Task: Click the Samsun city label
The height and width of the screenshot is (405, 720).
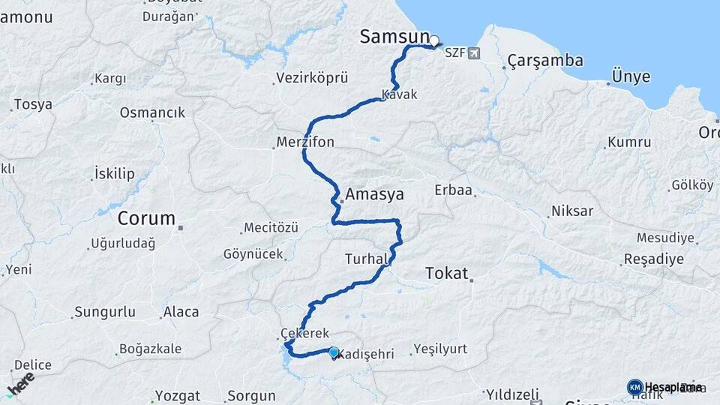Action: coord(394,36)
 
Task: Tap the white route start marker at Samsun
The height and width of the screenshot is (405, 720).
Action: coord(434,40)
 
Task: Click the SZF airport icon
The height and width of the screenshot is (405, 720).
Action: coord(473,53)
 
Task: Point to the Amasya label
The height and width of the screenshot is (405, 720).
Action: coord(374,194)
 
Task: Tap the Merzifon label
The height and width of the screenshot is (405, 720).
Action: coord(304,142)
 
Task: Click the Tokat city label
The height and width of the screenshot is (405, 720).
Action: coord(446,273)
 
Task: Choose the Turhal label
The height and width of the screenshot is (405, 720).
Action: coord(365,259)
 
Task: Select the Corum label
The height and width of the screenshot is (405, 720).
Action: coord(146,219)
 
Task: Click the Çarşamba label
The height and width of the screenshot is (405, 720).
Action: coord(545,60)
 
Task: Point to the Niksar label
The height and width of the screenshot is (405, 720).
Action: coord(571,211)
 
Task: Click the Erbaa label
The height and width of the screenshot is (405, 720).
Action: coord(453,190)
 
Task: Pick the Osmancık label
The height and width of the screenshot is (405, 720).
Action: coord(152,112)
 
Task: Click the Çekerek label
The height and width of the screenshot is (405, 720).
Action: coord(300,333)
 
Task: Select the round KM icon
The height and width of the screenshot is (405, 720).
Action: coord(634,387)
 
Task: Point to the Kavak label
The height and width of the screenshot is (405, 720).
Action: coord(398,94)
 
